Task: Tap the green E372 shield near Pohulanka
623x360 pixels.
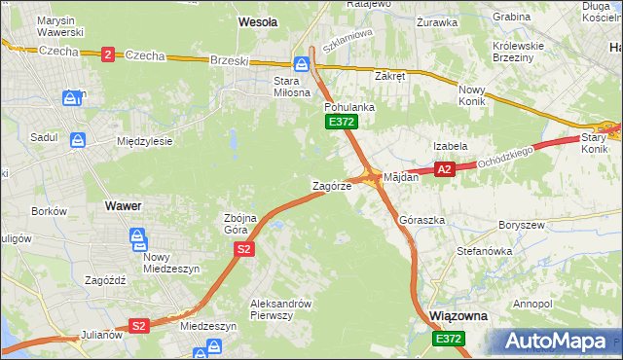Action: click(342, 122)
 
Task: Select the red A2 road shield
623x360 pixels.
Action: click(444, 169)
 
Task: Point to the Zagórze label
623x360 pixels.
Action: click(331, 185)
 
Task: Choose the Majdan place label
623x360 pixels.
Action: click(401, 178)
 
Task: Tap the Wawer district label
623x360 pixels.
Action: click(124, 206)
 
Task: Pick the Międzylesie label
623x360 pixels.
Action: click(144, 141)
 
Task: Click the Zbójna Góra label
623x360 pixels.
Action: click(240, 224)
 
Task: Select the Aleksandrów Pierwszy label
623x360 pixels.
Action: click(280, 308)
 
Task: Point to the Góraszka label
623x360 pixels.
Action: click(422, 221)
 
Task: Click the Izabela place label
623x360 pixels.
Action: click(451, 146)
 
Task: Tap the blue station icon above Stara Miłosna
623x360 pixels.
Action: click(302, 64)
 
